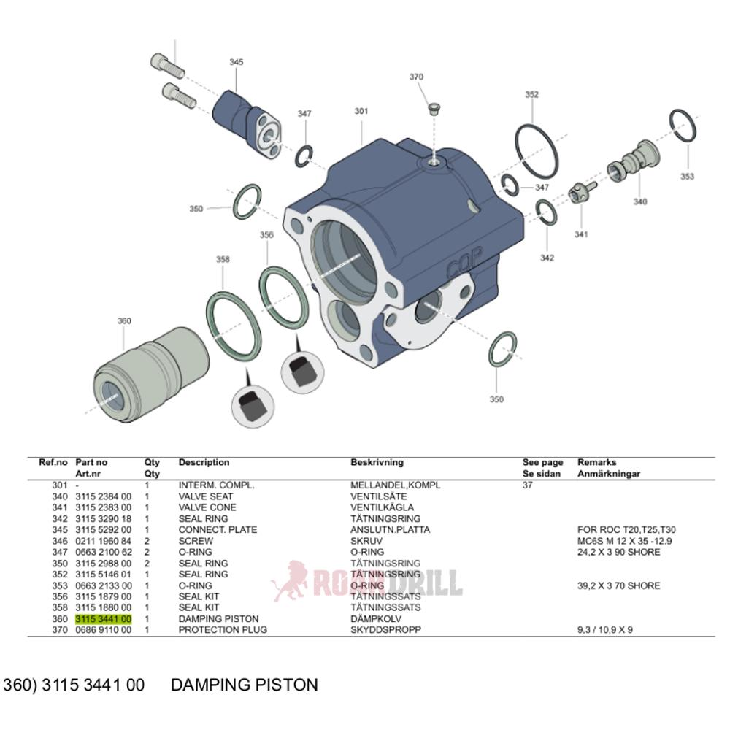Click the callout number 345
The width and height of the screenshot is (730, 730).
tap(236, 63)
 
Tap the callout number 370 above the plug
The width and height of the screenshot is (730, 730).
tap(416, 77)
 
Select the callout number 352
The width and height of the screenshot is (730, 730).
tap(531, 95)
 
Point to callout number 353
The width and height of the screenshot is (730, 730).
tap(687, 177)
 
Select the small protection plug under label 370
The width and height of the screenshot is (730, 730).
tap(432, 110)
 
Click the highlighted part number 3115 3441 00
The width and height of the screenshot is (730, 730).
tap(103, 619)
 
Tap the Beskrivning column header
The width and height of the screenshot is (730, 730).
tap(377, 463)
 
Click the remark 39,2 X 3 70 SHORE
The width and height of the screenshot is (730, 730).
tap(618, 585)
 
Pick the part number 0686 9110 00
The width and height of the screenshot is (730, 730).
tap(103, 630)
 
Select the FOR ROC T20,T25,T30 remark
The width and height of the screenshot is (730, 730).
tap(626, 530)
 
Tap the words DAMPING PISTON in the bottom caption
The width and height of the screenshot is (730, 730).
tap(244, 685)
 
